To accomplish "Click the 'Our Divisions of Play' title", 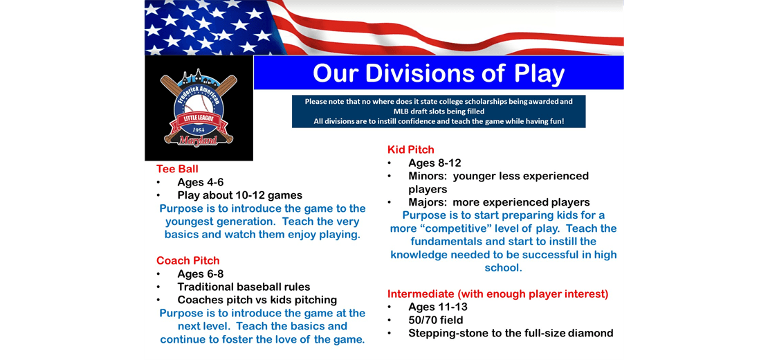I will coord(439,73).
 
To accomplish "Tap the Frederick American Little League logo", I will coord(199,108).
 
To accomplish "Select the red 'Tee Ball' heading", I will coord(177,169).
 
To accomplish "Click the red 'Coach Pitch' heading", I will coord(188,260).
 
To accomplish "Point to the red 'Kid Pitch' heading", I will coord(411,150).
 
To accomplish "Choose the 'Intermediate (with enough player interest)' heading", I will coord(497,294).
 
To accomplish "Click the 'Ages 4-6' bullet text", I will coord(200,182).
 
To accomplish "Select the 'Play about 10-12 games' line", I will coord(239,195).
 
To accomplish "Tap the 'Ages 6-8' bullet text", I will coord(200,273).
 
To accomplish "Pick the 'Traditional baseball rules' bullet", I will coord(244,287).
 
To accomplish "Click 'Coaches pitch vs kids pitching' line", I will coord(257,300).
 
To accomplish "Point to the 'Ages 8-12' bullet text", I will coord(435,163).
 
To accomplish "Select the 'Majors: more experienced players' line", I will coord(498,202).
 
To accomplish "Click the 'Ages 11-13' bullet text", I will coord(437,307).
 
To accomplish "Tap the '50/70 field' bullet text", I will coord(436,320).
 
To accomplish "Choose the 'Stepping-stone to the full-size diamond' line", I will coord(511,333).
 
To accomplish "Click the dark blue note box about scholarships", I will coord(439,111).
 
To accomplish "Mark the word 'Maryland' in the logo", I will coord(199,141).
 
